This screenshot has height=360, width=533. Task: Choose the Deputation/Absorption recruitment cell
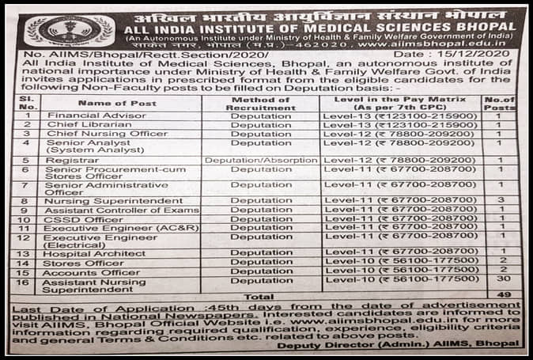tap(260, 160)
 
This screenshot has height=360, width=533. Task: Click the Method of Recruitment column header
tap(261, 103)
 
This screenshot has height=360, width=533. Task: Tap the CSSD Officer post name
tap(74, 218)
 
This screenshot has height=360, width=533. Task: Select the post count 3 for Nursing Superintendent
tap(502, 201)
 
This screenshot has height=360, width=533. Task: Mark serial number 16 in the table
tap(26, 281)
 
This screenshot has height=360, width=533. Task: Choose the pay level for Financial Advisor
tap(401, 116)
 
